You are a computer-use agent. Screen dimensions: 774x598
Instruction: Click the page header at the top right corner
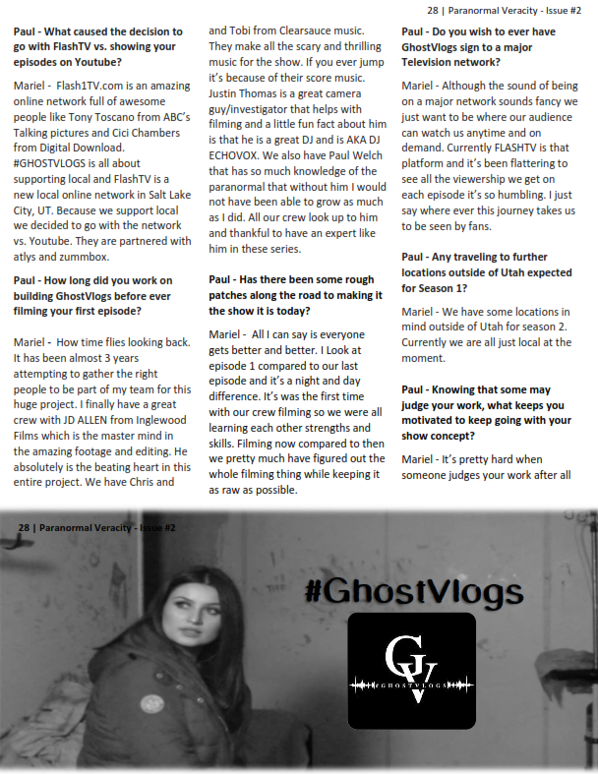pos(505,12)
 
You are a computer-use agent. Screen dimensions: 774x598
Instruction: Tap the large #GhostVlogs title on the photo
pos(413,592)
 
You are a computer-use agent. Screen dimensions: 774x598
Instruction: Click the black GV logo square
pos(411,670)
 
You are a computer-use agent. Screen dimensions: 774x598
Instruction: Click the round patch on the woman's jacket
pos(152,704)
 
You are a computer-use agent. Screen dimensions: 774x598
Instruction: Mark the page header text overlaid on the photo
pos(96,528)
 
